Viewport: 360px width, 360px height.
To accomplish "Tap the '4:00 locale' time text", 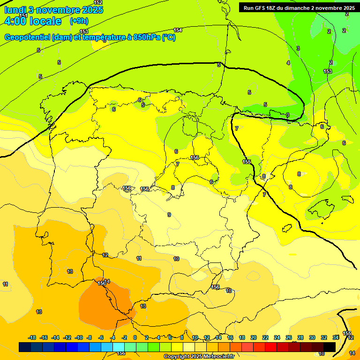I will (x=33, y=21).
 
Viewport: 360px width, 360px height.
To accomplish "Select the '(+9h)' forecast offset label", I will (x=78, y=21).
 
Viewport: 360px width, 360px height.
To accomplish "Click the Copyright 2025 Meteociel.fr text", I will (x=199, y=356).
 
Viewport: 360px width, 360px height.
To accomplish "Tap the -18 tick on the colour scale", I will (x=32, y=337).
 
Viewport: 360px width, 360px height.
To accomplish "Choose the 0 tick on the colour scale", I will (x=135, y=337).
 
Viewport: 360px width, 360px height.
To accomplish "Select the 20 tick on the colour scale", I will (x=254, y=337).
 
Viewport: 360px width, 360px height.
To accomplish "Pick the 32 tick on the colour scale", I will (x=324, y=337).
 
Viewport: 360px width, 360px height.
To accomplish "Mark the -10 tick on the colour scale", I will (x=79, y=337).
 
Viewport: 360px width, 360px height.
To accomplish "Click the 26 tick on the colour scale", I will (x=289, y=337).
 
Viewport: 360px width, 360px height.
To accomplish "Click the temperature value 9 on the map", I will (x=169, y=215).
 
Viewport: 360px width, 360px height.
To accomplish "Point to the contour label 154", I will (x=178, y=30).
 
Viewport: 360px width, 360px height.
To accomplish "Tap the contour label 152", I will (x=98, y=3).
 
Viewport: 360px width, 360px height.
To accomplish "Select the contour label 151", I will (x=23, y=15).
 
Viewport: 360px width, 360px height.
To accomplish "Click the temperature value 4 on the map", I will (x=288, y=63).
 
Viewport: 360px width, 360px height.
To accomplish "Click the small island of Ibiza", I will (x=287, y=228).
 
